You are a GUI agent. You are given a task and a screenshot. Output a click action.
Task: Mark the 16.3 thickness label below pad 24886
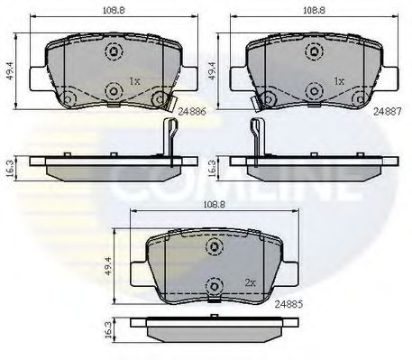pyautogui.click(x=10, y=167)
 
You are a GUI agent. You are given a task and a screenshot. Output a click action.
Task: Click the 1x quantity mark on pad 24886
pyautogui.click(x=135, y=81)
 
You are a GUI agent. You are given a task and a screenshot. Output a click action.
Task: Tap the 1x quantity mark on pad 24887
pyautogui.click(x=339, y=81)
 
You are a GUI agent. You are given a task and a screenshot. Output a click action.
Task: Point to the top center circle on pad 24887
pyautogui.click(x=315, y=51)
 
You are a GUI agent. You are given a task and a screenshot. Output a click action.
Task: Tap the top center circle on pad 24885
pyautogui.click(x=214, y=245)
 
